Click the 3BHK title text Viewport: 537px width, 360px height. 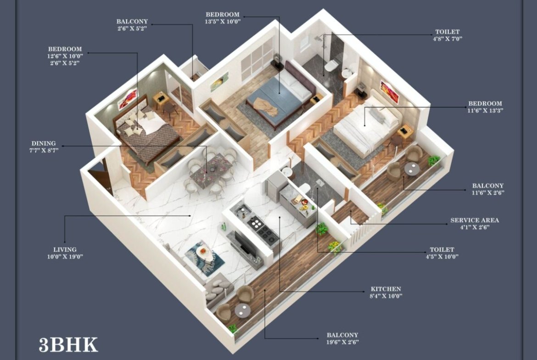coord(68,344)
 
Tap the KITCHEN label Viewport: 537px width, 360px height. coord(386,289)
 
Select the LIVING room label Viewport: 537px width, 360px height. coord(65,249)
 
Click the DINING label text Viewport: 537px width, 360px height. coord(44,144)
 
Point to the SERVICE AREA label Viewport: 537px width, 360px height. coord(474,221)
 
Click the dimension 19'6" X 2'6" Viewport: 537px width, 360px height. coord(342,342)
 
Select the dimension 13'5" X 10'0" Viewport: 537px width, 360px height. coord(223,21)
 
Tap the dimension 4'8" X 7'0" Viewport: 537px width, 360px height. coord(447,39)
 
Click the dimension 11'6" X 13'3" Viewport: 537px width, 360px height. coord(485,111)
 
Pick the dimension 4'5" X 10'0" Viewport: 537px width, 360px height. coord(442,256)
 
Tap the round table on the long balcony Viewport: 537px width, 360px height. coord(242,310)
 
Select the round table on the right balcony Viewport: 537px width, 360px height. coord(412,169)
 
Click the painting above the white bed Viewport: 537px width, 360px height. coord(390,92)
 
